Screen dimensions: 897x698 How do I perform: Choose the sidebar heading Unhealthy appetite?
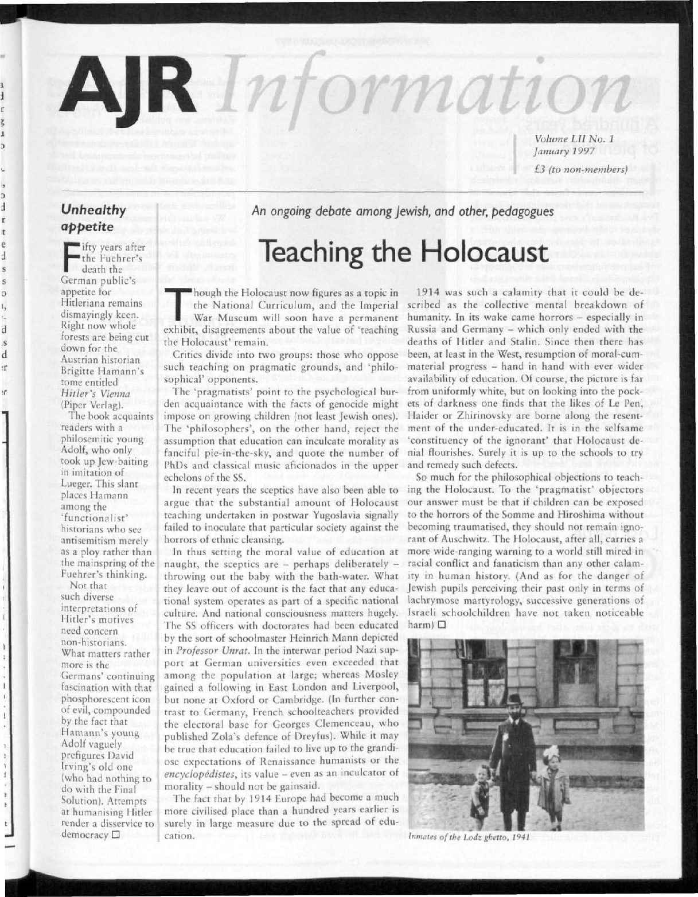pyautogui.click(x=97, y=218)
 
